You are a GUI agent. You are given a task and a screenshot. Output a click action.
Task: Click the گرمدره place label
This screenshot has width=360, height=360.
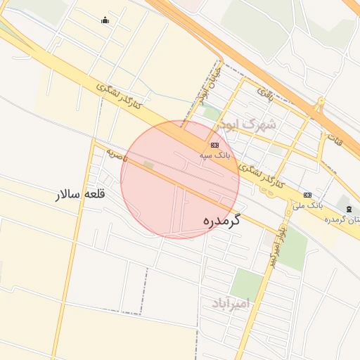tap(221, 220)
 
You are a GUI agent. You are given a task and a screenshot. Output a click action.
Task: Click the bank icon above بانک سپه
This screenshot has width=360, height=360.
tap(214, 145)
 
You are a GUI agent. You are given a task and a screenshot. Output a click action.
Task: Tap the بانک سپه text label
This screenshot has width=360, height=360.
tap(214, 154)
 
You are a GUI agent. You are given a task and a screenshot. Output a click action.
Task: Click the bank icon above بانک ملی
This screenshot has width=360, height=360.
tap(307, 195)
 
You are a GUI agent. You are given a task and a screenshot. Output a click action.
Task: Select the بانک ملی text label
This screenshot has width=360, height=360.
tap(307, 205)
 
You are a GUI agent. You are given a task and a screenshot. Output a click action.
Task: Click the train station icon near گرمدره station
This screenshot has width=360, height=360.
tap(349, 210)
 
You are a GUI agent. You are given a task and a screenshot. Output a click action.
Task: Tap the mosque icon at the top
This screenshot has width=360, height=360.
tap(105, 20)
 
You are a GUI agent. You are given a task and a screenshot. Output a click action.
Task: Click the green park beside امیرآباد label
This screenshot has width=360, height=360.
tap(246, 283)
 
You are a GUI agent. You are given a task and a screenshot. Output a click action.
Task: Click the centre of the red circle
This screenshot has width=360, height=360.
tap(180, 179)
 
